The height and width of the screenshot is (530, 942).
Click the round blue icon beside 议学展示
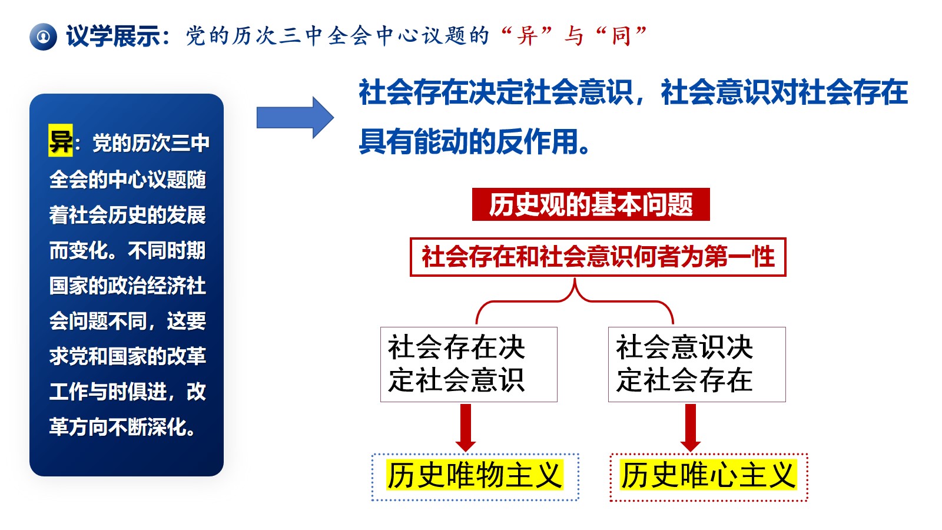pyautogui.click(x=43, y=37)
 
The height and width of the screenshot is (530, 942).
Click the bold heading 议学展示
pyautogui.click(x=112, y=36)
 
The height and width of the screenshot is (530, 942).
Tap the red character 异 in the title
pyautogui.click(x=528, y=36)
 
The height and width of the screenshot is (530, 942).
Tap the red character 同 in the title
pyautogui.click(x=622, y=36)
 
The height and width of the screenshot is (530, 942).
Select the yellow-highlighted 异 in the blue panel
pyautogui.click(x=61, y=141)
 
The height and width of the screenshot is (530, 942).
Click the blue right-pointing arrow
pyautogui.click(x=295, y=118)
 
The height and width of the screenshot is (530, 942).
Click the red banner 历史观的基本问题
pyautogui.click(x=591, y=204)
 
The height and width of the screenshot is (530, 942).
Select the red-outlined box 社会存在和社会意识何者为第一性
pyautogui.click(x=598, y=257)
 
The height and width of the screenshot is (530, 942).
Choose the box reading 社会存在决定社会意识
pyautogui.click(x=469, y=365)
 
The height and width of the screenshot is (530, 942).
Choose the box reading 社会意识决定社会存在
pyautogui.click(x=697, y=365)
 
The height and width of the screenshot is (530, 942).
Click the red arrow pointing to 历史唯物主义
pyautogui.click(x=466, y=428)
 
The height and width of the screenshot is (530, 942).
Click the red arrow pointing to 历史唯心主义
pyautogui.click(x=691, y=428)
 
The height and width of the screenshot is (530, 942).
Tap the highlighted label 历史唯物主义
pyautogui.click(x=475, y=476)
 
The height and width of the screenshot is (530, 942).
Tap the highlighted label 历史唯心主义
pyautogui.click(x=708, y=476)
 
